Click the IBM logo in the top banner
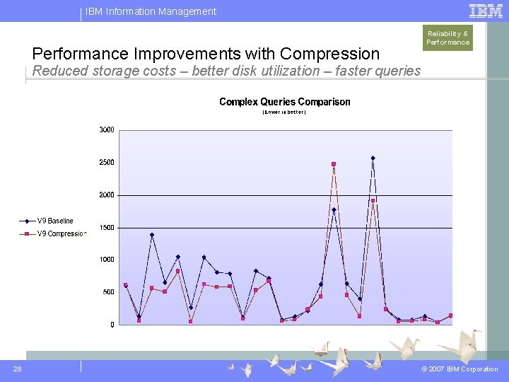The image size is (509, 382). click(486, 11)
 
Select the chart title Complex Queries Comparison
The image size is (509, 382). click(284, 102)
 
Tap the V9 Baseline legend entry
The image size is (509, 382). click(55, 221)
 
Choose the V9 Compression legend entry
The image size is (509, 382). click(61, 233)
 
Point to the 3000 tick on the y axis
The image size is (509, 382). click(107, 130)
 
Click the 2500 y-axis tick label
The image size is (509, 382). click(107, 163)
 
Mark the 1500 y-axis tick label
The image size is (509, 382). click(107, 228)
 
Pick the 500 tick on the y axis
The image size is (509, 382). click(108, 292)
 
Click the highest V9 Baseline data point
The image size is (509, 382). click(373, 158)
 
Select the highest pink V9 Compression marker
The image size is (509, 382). click(334, 164)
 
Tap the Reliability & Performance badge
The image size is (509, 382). click(447, 37)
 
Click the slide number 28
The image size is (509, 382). click(17, 369)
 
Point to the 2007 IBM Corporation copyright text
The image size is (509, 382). click(460, 369)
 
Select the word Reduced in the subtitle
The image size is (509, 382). click(58, 71)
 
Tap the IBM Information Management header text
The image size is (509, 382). click(151, 11)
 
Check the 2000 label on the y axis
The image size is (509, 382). click(107, 195)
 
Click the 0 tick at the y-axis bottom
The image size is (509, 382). click(112, 325)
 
